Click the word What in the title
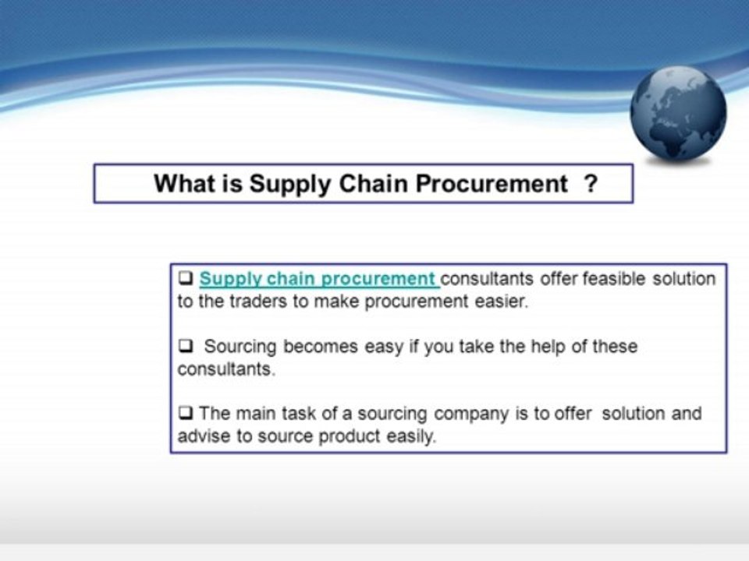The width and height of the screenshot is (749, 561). click(182, 184)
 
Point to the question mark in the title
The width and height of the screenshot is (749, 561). click(591, 184)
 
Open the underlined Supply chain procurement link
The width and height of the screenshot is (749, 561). click(318, 279)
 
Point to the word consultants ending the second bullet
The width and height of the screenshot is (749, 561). click(225, 369)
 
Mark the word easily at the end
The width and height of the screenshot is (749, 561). click(410, 437)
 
